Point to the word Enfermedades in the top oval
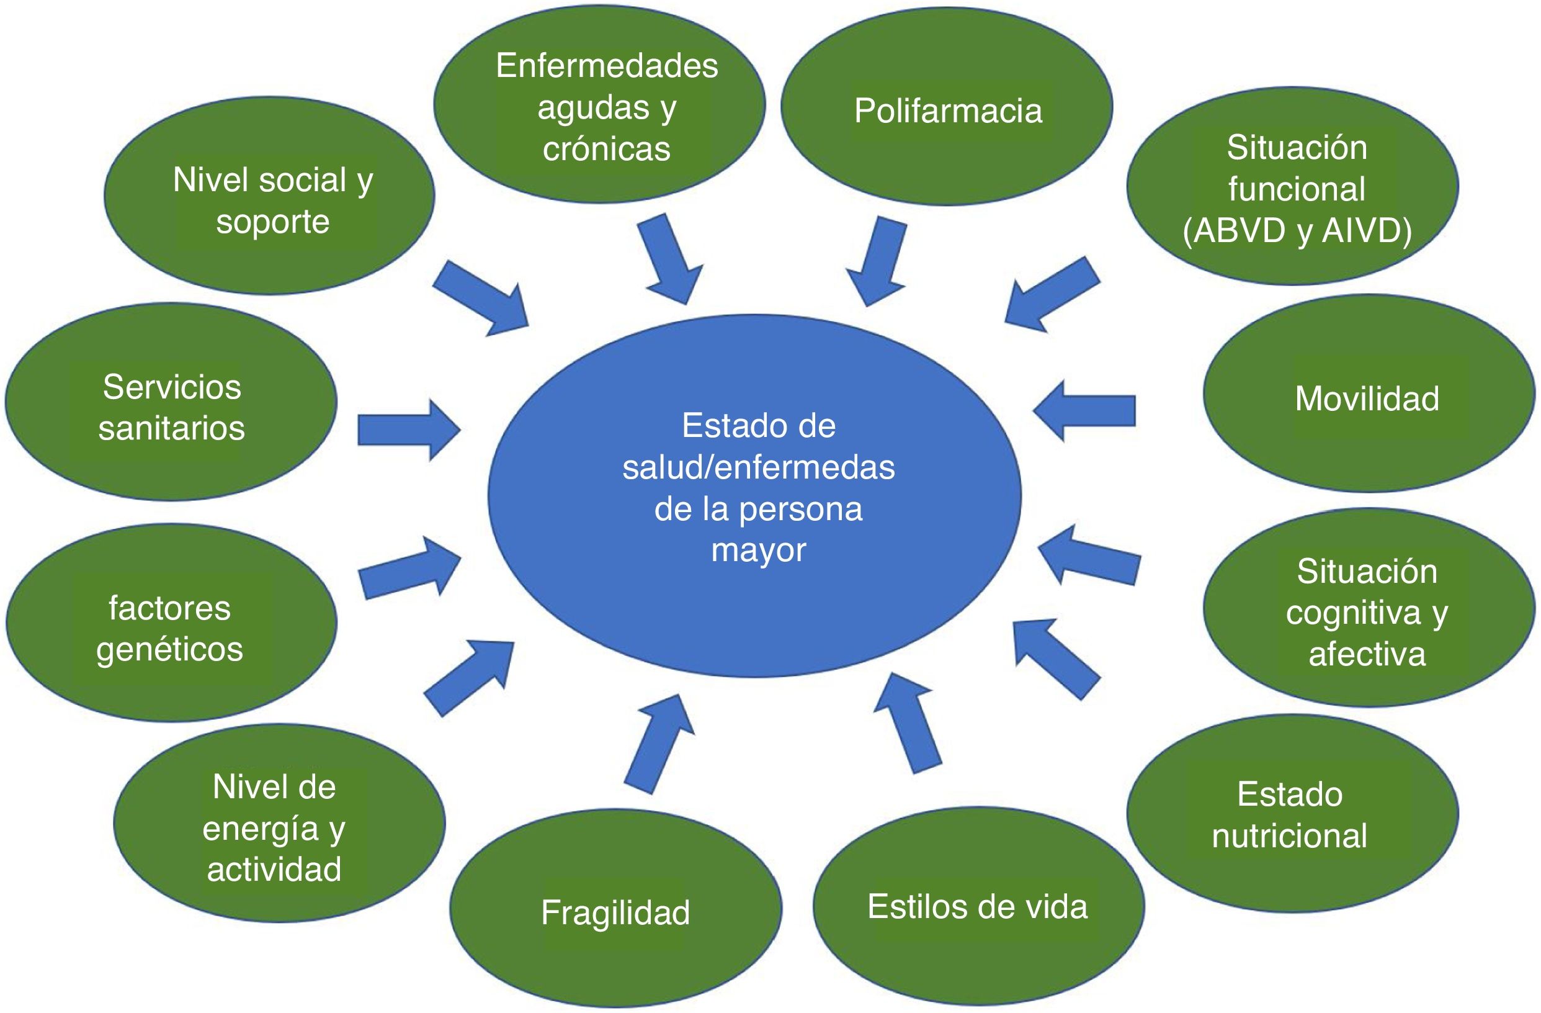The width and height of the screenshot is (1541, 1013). (607, 65)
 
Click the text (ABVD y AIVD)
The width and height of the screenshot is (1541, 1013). (1297, 230)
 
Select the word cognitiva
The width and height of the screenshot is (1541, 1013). (1352, 612)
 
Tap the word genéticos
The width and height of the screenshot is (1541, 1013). (169, 650)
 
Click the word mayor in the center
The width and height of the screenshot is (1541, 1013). (758, 551)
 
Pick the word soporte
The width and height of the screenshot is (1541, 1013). (272, 222)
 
